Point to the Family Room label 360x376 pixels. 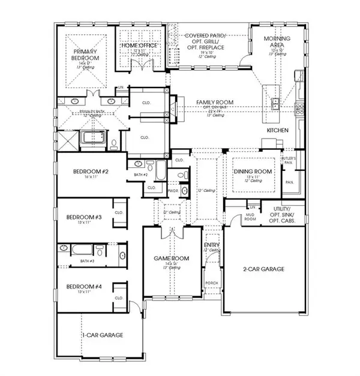pyautogui.click(x=215, y=103)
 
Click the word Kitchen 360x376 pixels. pyautogui.click(x=278, y=130)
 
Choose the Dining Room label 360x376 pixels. pyautogui.click(x=253, y=172)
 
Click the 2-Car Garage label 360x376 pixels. pyautogui.click(x=264, y=269)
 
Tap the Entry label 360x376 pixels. pyautogui.click(x=212, y=245)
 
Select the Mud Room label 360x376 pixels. pyautogui.click(x=251, y=218)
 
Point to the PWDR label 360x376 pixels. pyautogui.click(x=173, y=190)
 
